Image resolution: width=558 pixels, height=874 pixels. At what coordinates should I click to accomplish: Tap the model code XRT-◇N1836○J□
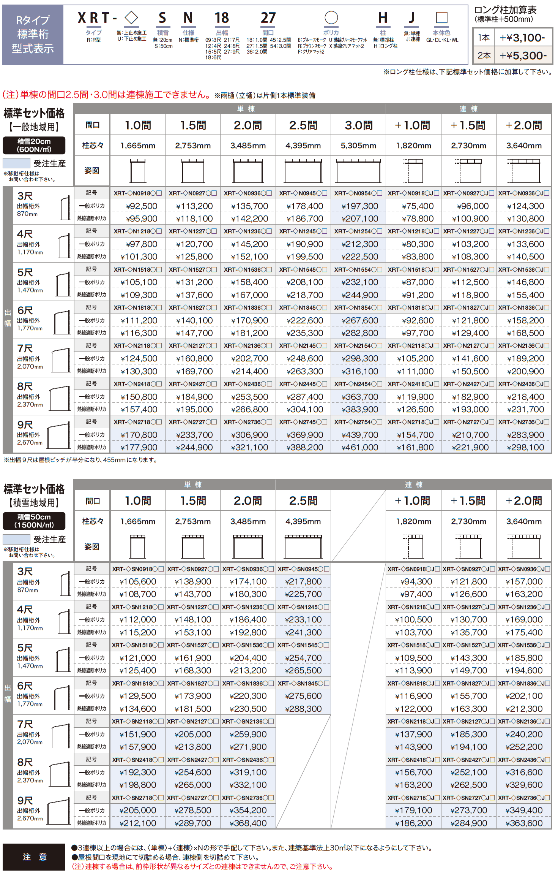(524, 308)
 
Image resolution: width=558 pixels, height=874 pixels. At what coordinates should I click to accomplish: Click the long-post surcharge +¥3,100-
(522, 38)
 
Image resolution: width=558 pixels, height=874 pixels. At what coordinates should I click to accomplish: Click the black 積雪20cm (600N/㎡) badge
(34, 146)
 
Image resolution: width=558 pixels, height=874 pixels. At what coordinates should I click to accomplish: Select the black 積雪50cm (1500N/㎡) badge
(34, 521)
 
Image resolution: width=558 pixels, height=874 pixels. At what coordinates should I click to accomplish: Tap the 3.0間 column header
(359, 125)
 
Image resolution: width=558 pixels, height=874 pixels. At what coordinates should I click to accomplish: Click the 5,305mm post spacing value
(358, 146)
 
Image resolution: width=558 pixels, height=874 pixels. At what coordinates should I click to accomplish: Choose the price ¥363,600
(524, 823)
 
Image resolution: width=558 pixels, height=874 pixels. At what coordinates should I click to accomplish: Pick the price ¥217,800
(303, 581)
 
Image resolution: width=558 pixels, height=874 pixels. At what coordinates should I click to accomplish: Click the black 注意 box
(34, 857)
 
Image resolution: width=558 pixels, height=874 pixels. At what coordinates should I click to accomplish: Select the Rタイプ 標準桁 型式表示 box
(33, 35)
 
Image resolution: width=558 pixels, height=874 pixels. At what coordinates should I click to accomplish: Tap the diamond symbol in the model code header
(131, 17)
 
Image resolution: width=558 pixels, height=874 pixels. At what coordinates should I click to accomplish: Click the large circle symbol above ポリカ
(331, 17)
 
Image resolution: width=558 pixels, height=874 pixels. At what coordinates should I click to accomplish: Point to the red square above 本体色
(441, 17)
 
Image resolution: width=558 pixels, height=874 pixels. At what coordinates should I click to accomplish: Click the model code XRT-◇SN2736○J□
(524, 798)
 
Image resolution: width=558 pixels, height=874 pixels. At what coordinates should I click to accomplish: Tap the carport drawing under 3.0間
(358, 171)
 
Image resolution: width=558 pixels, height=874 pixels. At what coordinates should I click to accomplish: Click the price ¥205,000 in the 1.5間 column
(193, 734)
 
